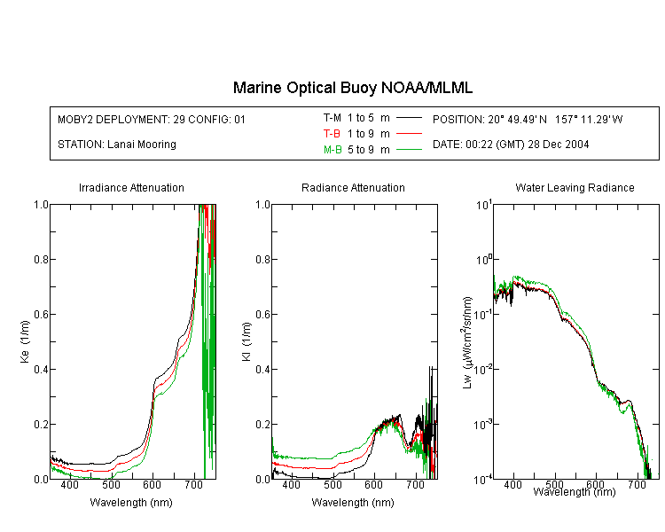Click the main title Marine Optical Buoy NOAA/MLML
352,88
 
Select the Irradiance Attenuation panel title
131,187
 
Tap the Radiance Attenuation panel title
353,187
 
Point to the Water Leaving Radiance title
575,187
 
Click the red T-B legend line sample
409,134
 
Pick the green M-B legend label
332,150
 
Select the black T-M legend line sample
409,118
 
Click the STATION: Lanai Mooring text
117,145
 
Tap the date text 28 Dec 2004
558,145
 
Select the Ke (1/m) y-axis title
25,341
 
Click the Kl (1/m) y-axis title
246,341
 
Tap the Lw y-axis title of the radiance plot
467,342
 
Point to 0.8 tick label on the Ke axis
41,259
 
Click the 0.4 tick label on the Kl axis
263,369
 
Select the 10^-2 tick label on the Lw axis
483,369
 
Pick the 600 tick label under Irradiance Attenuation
153,484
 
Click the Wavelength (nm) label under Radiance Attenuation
353,503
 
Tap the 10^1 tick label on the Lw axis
484,205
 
